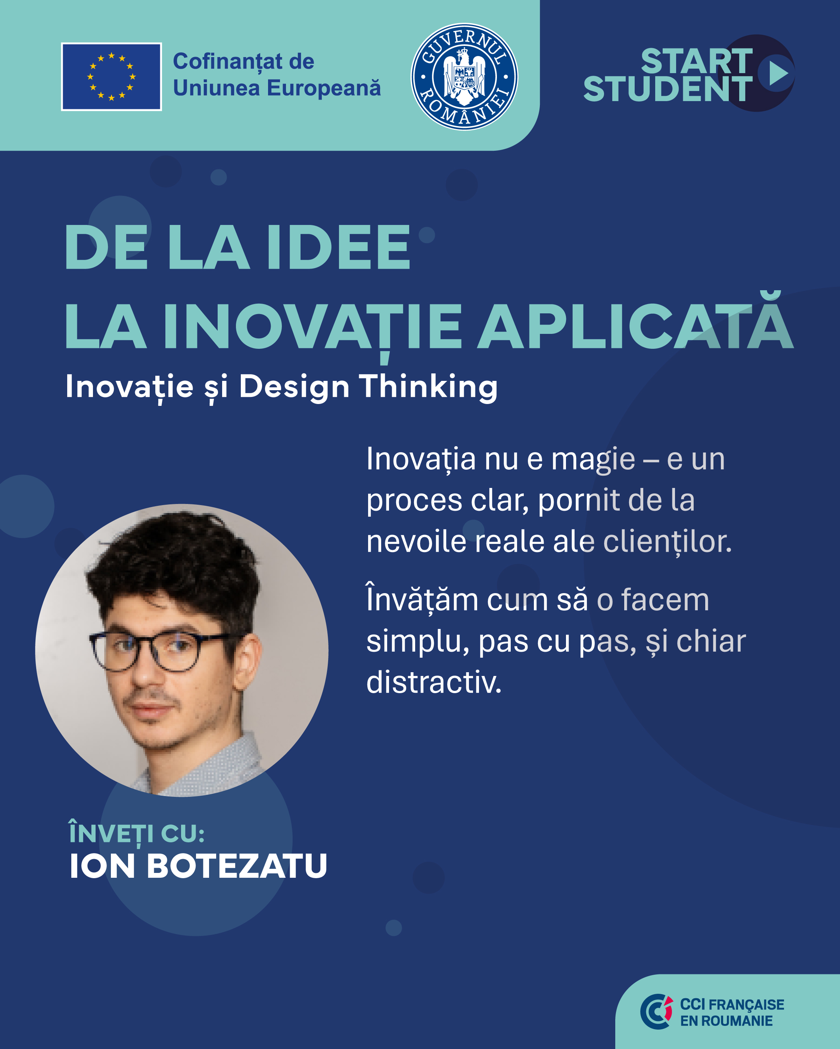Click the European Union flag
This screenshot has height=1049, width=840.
click(112, 77)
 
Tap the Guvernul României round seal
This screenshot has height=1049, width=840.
click(464, 77)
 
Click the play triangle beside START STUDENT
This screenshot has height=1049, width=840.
click(779, 73)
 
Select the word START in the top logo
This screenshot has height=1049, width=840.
click(697, 61)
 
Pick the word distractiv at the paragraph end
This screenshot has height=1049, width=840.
click(433, 682)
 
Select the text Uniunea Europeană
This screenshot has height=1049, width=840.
click(277, 88)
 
